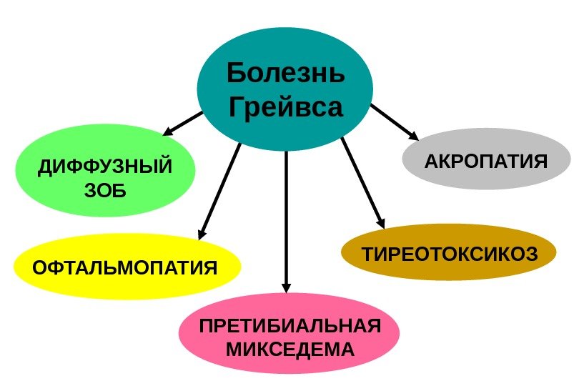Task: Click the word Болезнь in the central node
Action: coord(285,73)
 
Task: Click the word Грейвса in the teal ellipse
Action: coord(285,107)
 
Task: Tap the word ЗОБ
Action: coord(105,191)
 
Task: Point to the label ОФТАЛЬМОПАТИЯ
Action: coord(125,267)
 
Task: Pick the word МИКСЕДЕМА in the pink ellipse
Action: coord(289,350)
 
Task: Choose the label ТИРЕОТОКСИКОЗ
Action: coord(449,254)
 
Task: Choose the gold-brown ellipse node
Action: coord(449,270)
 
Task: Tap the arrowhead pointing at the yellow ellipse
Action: coord(202,233)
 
